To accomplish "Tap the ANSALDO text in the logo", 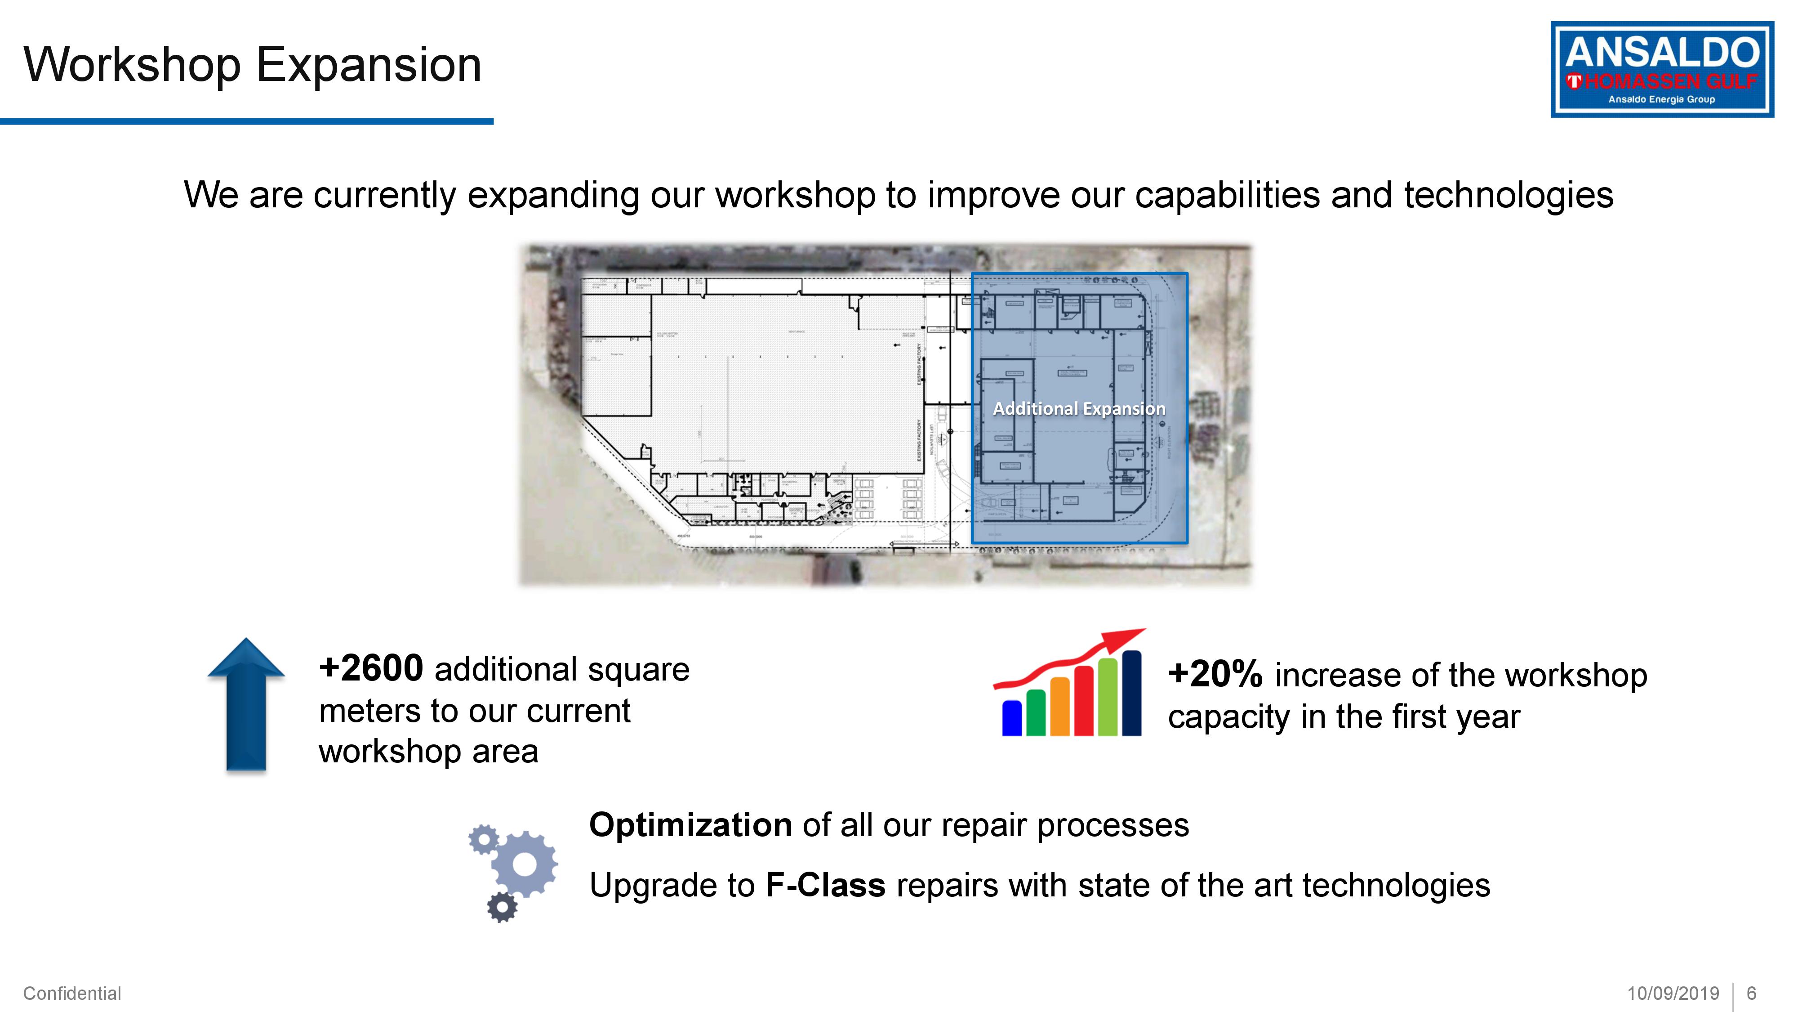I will click(1661, 53).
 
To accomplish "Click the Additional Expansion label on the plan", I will click(1079, 408).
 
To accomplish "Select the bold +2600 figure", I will click(371, 668).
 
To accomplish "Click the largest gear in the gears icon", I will click(524, 864).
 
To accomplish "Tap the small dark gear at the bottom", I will click(502, 907).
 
